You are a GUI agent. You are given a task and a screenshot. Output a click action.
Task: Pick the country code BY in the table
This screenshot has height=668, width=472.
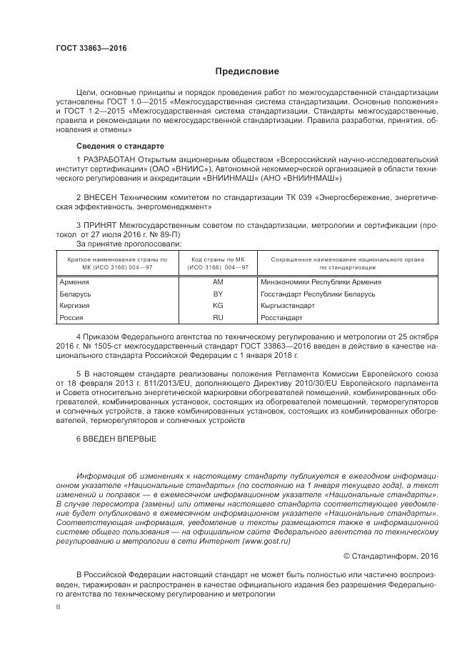tap(219, 294)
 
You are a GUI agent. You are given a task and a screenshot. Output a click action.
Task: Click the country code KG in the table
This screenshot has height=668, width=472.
tap(219, 305)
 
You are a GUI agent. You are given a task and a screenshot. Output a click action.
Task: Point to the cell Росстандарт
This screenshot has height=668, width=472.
tap(282, 317)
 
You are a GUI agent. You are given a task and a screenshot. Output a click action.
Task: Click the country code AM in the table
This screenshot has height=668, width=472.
tap(219, 281)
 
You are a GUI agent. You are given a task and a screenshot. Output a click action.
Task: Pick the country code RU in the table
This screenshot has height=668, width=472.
tap(219, 317)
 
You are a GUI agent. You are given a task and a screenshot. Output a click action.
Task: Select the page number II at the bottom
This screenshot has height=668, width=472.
tap(58, 606)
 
